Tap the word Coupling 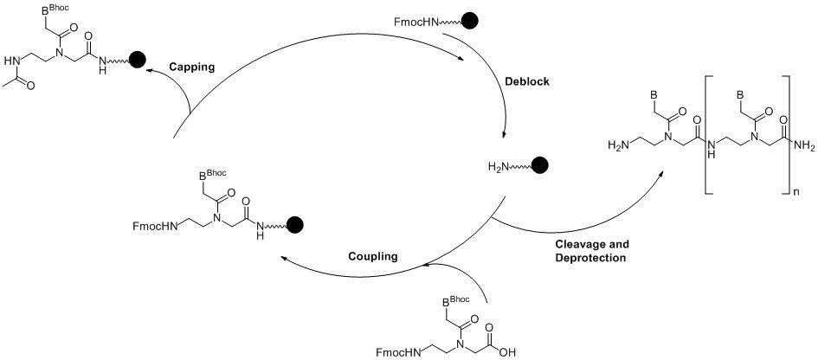point(373,255)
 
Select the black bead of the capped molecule point(137,59)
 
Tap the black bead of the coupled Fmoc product point(294,226)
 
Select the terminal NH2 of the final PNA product point(803,147)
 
